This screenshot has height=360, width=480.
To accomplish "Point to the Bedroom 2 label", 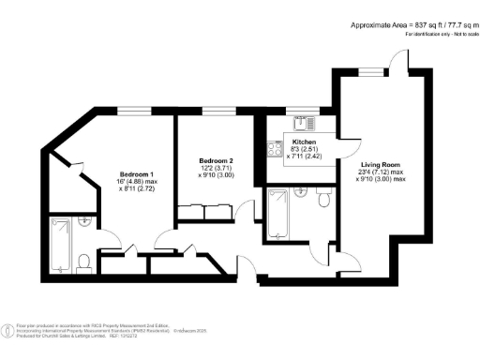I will [214, 161].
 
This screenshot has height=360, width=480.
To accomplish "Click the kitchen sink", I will [301, 121].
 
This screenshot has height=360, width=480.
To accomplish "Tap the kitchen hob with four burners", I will [276, 146].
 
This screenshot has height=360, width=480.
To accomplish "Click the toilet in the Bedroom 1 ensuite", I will [83, 261].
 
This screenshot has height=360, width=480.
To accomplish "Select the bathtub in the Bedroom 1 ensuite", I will [61, 243].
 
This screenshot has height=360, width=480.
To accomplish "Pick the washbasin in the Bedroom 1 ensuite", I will [86, 223].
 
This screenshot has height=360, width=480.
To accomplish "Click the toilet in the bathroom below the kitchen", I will [323, 199].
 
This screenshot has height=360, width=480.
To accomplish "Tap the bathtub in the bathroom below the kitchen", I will [278, 213].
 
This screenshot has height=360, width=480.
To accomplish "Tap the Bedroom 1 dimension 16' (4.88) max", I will [137, 182].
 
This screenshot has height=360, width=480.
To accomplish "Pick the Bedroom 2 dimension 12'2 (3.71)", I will [215, 168].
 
